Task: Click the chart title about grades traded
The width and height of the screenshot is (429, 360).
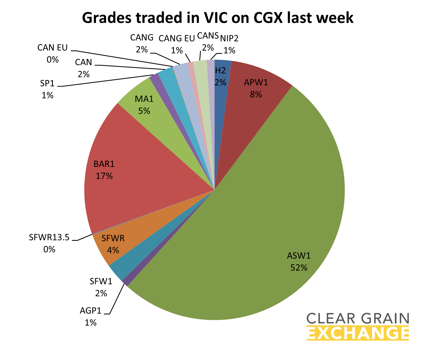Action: point(217,18)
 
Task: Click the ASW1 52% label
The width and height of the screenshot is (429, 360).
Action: point(299,262)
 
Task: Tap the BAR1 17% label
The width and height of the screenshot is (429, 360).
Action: point(104,170)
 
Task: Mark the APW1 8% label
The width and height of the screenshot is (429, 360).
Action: point(256,88)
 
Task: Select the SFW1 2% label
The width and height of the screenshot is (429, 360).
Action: point(101,287)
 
